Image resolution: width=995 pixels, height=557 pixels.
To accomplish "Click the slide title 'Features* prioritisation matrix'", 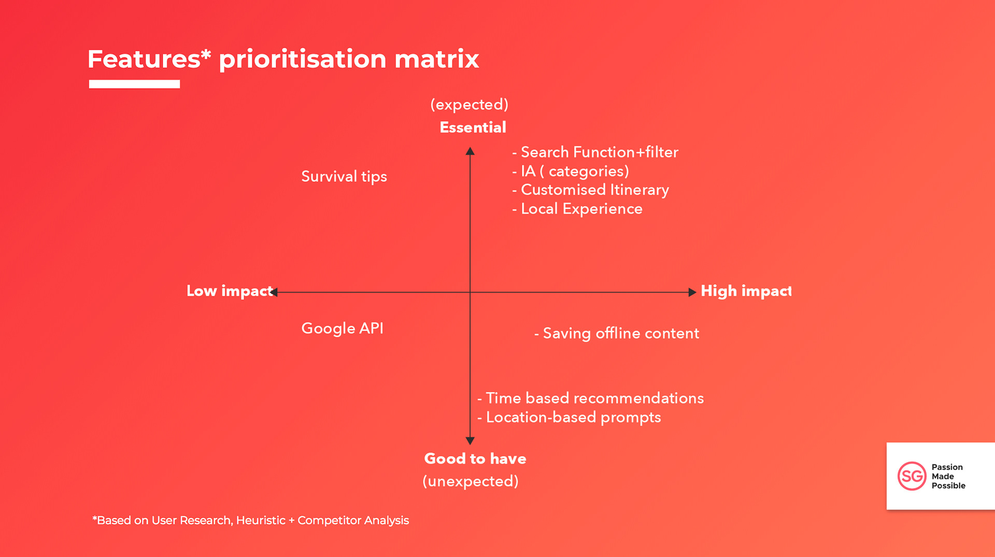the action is tap(283, 59).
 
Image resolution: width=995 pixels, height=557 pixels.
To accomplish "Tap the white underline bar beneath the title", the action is tap(134, 84).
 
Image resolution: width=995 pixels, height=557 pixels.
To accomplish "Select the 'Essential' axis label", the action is tap(473, 127).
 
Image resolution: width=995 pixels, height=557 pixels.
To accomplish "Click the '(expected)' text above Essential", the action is tap(469, 105).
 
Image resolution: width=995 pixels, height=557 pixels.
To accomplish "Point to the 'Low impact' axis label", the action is tap(229, 291).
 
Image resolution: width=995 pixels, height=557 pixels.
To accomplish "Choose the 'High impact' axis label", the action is tap(746, 291).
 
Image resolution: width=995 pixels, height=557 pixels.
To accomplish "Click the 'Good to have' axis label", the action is tap(475, 459).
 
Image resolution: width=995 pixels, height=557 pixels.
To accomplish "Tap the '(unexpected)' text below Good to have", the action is tap(471, 481).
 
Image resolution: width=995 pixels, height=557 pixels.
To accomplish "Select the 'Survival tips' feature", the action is tap(344, 177).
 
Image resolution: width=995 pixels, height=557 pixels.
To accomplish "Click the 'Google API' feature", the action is tap(342, 329).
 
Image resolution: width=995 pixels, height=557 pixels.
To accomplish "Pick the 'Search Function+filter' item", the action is tap(599, 152).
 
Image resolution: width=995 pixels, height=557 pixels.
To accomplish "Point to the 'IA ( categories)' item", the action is tap(574, 172).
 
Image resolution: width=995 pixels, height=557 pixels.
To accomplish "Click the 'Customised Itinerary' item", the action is tap(594, 190).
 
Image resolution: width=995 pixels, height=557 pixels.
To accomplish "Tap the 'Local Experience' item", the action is tap(581, 209).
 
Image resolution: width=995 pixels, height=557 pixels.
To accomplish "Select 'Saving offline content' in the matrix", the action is tap(620, 334).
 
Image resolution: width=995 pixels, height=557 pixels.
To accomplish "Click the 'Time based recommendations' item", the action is tap(594, 398).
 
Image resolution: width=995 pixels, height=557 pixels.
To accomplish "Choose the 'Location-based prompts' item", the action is tap(573, 418).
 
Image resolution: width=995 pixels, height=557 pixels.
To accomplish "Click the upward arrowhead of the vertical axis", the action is tap(470, 151).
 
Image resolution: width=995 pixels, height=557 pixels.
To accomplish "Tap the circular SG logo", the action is tap(912, 476).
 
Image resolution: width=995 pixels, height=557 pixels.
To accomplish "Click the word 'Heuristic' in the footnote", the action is tap(261, 520).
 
